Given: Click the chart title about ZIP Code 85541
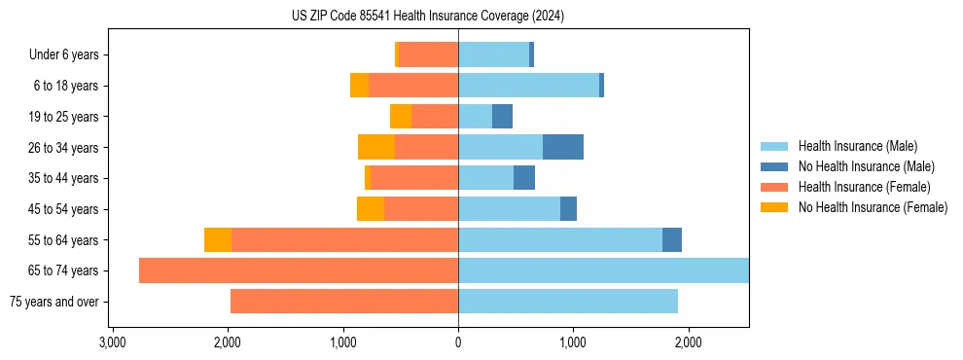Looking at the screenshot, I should click(427, 16).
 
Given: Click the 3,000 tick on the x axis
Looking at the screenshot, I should click(113, 342).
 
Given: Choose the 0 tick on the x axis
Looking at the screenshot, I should click(458, 342).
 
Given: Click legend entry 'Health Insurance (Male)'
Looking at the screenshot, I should click(857, 146).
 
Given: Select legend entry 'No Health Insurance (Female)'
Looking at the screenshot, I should click(873, 207).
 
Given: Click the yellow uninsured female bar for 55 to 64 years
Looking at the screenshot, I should click(218, 239).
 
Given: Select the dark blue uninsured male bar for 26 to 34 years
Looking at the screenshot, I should click(563, 147).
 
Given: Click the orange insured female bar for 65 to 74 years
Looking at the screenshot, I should click(299, 270).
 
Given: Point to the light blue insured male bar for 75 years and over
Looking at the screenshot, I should click(568, 302).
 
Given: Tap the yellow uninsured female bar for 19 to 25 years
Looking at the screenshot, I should click(401, 116).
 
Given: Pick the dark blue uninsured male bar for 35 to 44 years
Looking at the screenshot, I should click(524, 178).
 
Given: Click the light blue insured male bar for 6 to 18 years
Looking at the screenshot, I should click(528, 86).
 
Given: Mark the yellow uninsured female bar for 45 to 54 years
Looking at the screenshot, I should click(371, 209).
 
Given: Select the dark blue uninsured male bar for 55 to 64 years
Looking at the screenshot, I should click(672, 239).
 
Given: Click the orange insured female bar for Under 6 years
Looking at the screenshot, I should click(429, 54).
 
